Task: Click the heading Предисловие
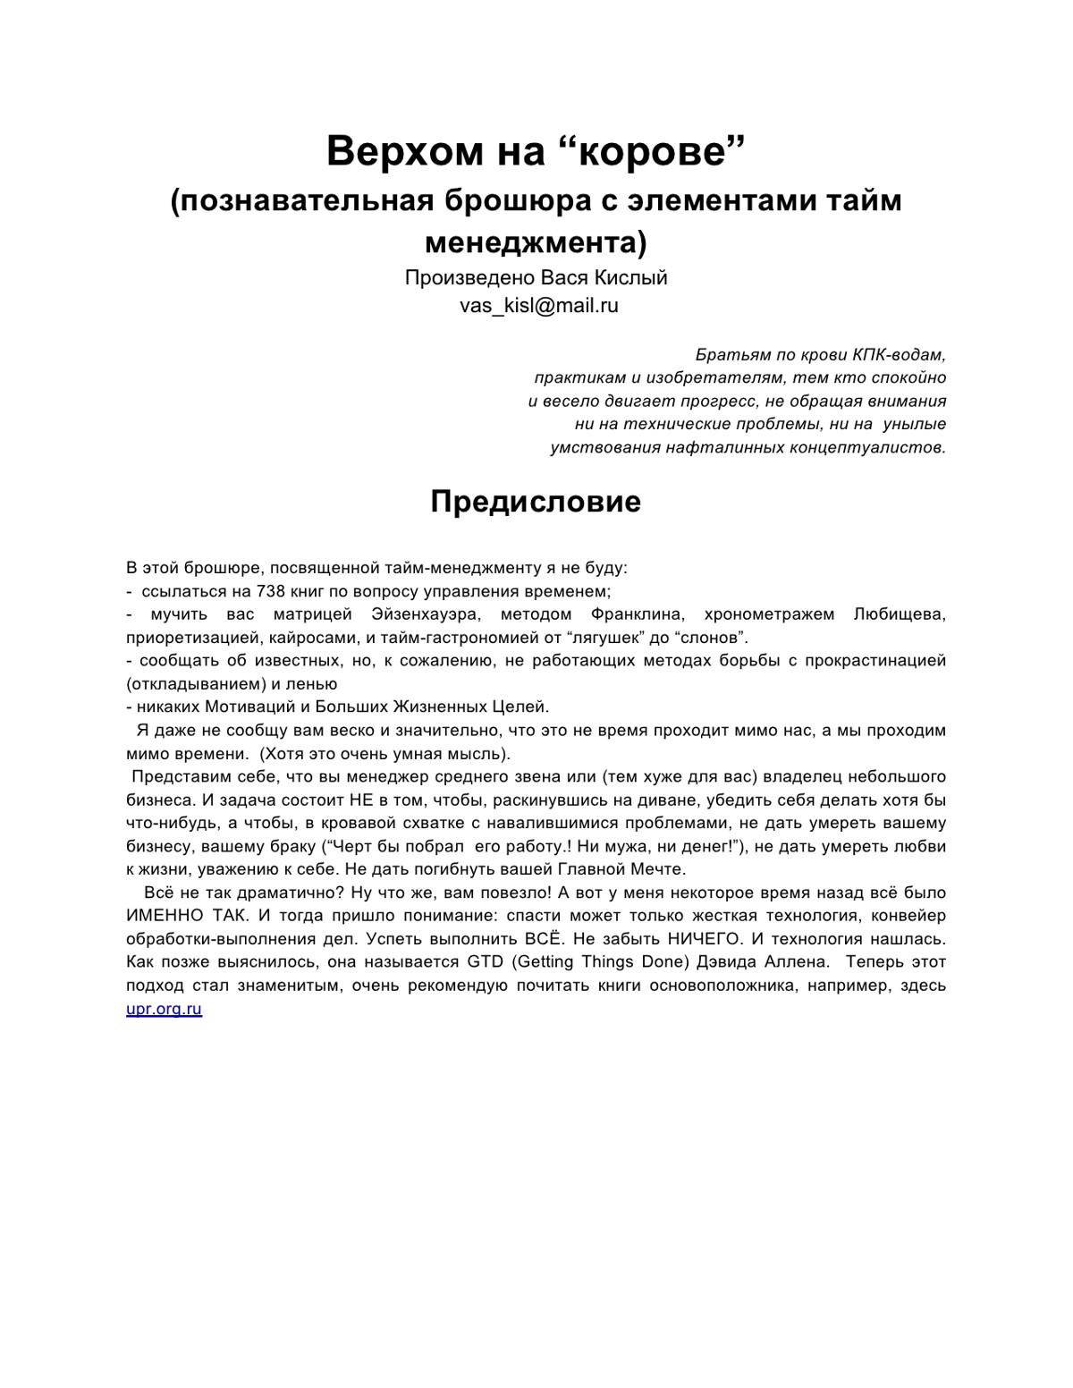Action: coord(536,501)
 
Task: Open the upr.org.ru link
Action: coord(164,1009)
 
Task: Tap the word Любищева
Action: coord(900,614)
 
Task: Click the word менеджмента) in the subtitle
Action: coord(536,241)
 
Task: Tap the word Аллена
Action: coord(794,962)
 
